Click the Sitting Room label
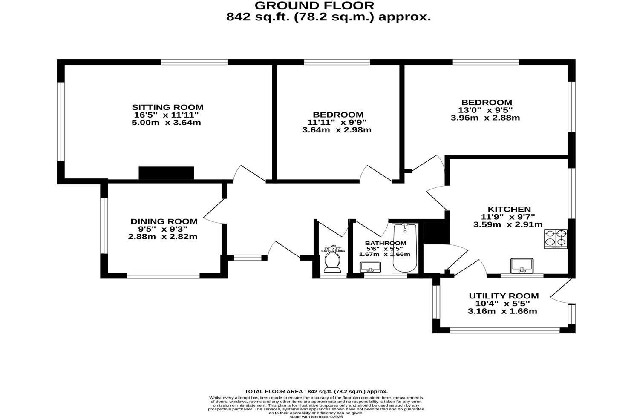click(167, 107)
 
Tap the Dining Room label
click(164, 221)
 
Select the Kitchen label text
click(509, 209)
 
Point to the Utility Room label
click(504, 296)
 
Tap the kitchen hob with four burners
click(555, 239)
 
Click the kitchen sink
click(522, 265)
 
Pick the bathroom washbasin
click(370, 267)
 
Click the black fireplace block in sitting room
click(166, 173)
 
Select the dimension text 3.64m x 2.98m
click(337, 130)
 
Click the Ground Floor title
click(314, 6)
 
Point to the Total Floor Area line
click(316, 391)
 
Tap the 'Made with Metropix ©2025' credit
click(316, 417)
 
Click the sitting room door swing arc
click(247, 172)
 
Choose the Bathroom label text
click(386, 243)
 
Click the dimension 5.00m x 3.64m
click(167, 123)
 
